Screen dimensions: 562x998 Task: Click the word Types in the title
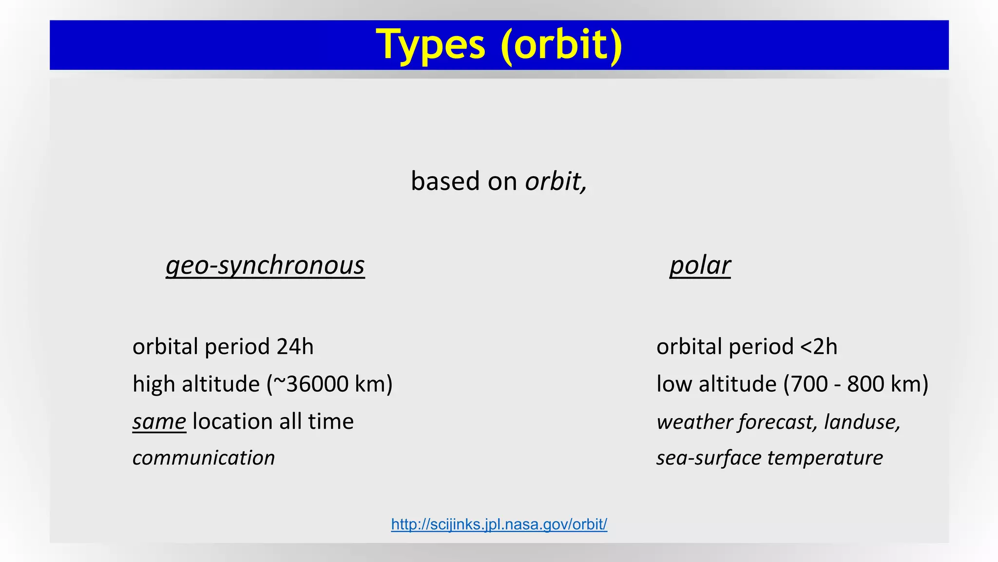(431, 45)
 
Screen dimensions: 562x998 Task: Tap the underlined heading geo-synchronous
(265, 265)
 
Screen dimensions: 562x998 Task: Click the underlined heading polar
(700, 265)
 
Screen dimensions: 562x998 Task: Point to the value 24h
(295, 346)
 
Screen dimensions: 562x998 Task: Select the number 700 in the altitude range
(809, 384)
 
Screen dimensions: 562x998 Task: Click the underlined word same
(159, 421)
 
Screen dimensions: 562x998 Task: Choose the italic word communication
(204, 458)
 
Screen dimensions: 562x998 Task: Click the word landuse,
(862, 421)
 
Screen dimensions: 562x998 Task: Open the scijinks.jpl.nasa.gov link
(499, 524)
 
